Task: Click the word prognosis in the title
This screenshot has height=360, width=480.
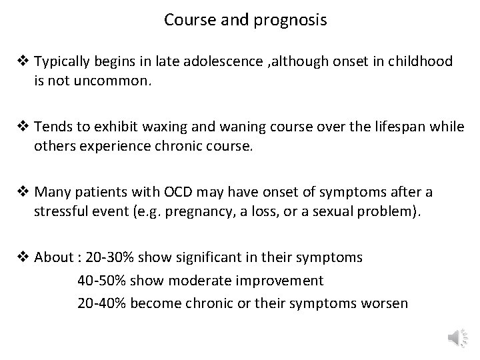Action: [290, 20]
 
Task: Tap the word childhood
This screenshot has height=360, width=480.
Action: [420, 62]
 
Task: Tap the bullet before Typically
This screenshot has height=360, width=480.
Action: [23, 62]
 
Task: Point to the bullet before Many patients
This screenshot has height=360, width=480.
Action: [23, 193]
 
